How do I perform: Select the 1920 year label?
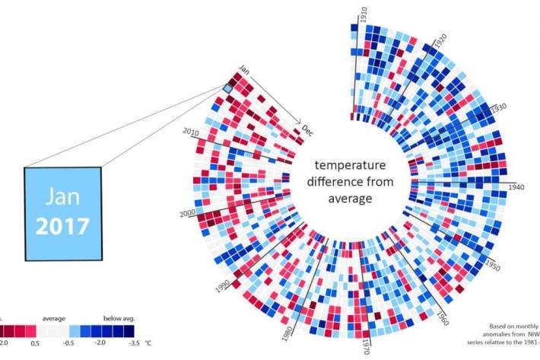coord(440,41)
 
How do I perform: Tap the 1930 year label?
coord(498,108)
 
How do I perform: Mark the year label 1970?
coord(366,346)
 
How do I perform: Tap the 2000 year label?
coord(187,213)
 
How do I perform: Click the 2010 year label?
coord(190,132)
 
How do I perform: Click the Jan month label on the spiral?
coord(243,68)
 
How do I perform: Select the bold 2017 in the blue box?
coord(62,226)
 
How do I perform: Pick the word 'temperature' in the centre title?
coord(351,165)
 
